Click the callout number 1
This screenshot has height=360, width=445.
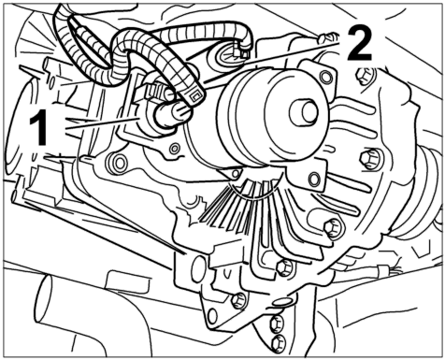38,128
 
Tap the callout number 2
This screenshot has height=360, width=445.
359,43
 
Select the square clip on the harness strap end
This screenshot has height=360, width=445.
195,97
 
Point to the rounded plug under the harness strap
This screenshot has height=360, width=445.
172,115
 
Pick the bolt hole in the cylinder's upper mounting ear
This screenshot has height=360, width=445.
326,77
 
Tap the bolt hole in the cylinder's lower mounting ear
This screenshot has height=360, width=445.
314,179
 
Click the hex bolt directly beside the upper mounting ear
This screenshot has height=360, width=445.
364,76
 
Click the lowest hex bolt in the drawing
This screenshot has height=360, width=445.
279,343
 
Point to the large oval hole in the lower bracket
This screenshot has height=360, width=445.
198,268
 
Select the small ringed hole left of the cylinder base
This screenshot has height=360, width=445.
175,148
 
